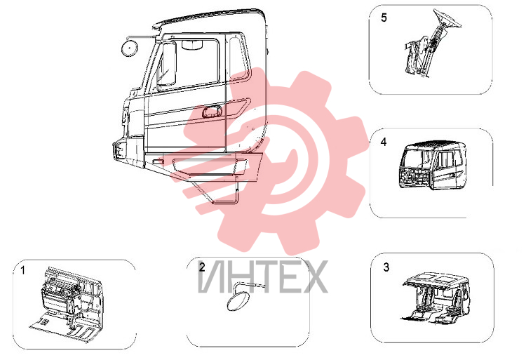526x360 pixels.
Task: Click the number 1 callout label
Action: (23, 270)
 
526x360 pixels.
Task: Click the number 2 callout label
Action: (201, 267)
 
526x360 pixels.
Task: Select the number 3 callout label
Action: (386, 267)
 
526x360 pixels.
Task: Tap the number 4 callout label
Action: (384, 142)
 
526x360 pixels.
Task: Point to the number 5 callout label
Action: (384, 18)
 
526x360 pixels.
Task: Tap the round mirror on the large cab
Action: (129, 48)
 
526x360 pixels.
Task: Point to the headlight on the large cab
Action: (120, 149)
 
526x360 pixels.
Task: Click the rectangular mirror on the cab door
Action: (166, 64)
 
